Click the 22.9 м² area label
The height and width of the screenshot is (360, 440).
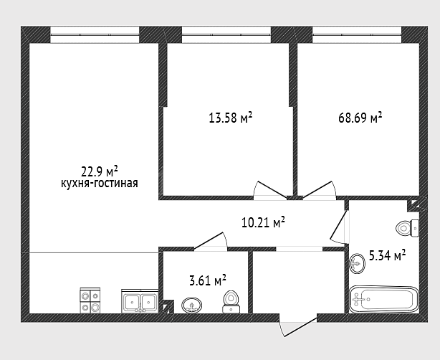tap(100, 171)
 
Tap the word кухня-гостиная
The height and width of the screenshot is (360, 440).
tap(100, 184)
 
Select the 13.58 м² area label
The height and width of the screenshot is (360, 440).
tap(230, 118)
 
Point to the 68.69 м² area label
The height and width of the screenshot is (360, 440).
tap(360, 118)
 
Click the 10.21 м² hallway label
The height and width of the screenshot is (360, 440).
tap(263, 222)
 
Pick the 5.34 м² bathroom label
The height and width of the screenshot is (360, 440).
tap(387, 256)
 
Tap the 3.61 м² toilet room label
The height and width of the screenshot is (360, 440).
tap(208, 280)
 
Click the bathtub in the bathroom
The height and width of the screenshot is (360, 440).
tap(384, 299)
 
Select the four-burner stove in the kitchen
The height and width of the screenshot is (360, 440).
tap(90, 300)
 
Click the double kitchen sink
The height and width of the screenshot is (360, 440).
tap(140, 301)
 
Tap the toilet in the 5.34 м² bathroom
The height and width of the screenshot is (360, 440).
tap(408, 227)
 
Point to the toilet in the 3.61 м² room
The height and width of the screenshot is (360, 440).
tap(231, 302)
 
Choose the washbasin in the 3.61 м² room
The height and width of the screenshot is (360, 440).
tap(192, 305)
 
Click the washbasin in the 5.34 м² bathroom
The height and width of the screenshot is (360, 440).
tap(357, 263)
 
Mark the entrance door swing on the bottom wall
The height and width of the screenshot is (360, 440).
tap(298, 326)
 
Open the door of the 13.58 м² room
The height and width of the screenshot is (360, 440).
tap(270, 190)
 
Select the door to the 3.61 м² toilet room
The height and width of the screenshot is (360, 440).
tap(211, 241)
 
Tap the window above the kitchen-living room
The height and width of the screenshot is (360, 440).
tap(95, 34)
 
